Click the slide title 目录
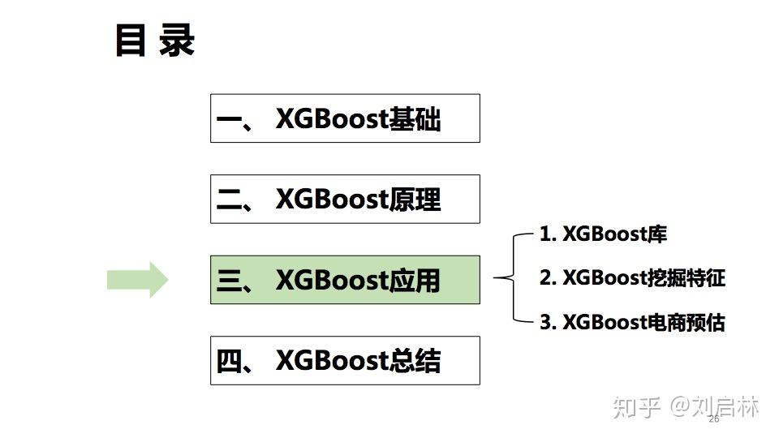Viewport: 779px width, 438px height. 155,41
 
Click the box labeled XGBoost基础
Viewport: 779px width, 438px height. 345,118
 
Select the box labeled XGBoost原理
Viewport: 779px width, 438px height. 345,199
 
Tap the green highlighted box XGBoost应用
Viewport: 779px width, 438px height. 345,280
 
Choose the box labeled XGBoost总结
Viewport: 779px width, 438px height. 345,360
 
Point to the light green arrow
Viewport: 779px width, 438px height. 137,280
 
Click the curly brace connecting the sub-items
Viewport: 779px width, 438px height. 507,278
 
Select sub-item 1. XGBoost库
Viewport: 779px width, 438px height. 603,234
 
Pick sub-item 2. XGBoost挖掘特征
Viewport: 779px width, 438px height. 631,278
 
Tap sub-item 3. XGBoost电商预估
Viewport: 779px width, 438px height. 631,322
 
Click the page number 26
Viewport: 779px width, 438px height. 714,419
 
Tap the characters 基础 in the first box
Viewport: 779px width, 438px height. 415,118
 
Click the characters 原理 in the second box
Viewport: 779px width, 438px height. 415,199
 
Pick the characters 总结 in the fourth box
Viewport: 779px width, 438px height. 415,360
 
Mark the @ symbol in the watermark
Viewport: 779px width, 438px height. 680,406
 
